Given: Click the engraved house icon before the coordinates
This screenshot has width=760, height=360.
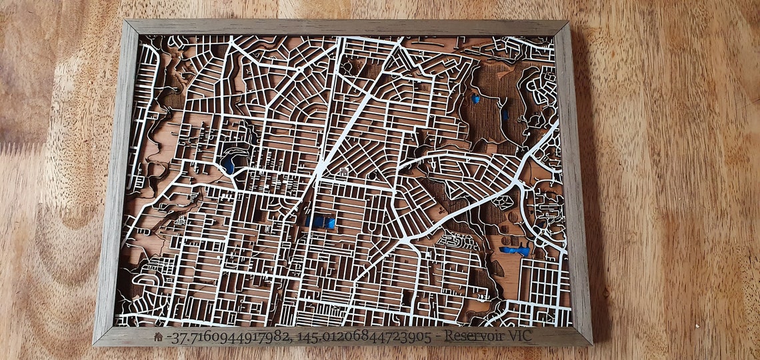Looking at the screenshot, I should click(158, 337).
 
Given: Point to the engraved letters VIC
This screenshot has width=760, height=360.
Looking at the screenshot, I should click(519, 335).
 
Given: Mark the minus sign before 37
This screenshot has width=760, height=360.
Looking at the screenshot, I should click(167, 338).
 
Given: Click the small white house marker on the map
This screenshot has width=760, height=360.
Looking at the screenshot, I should click(343, 173).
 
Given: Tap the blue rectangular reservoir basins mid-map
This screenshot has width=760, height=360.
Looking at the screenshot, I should click(321, 222).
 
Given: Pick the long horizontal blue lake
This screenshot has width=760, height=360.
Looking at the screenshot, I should click(515, 251).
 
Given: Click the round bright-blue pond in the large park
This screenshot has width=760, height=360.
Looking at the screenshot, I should click(475, 99).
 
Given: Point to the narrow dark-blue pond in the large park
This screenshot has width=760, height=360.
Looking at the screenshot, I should click(505, 115).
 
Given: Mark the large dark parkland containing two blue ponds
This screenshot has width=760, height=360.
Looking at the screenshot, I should click(490, 107).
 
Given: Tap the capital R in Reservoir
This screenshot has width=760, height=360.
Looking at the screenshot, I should click(449, 335).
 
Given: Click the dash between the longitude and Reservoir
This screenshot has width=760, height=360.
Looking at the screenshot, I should click(437, 337).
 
